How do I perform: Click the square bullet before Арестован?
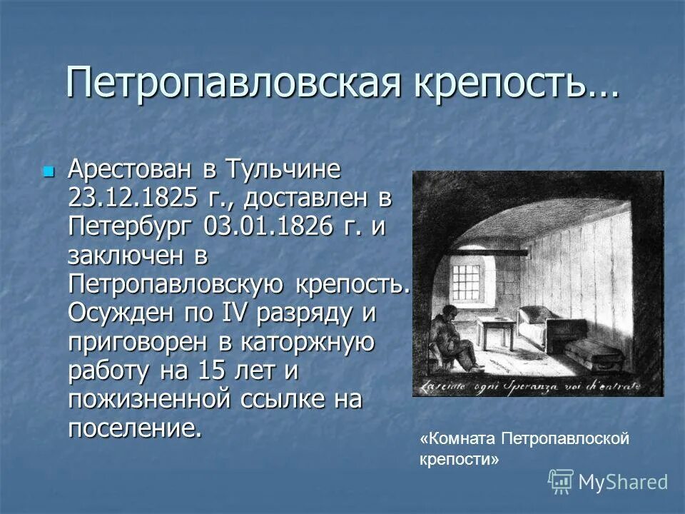(x=48, y=172)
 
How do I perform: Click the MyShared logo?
(x=608, y=482)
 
